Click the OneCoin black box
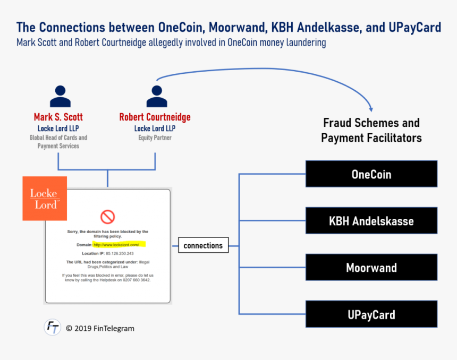(371, 174)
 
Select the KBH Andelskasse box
(371, 220)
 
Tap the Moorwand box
(371, 267)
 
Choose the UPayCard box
(371, 314)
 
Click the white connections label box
(203, 245)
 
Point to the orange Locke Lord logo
(45, 199)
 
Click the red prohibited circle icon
(107, 217)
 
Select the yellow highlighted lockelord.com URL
(119, 244)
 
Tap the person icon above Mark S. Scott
(61, 97)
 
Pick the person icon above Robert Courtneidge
(157, 97)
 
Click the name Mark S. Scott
(58, 117)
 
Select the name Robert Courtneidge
(155, 117)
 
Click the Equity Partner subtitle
(155, 138)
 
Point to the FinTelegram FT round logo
(53, 327)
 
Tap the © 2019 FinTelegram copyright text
(100, 329)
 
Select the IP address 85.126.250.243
(120, 253)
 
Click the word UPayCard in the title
(414, 28)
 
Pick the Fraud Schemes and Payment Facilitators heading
(371, 130)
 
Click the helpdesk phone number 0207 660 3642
(137, 280)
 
